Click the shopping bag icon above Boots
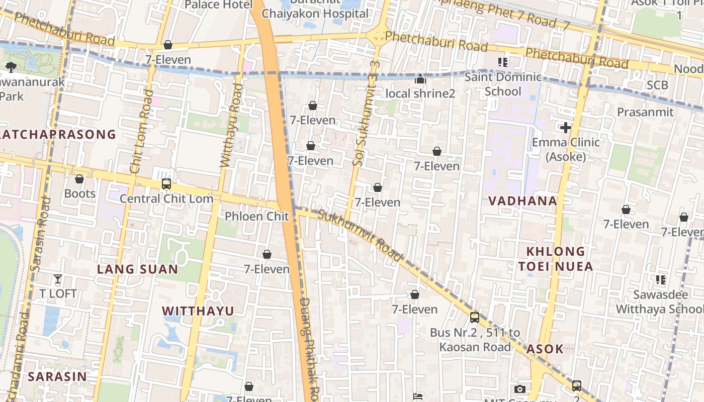[x=79, y=179]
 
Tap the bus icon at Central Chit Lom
[x=166, y=184]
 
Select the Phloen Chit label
[x=256, y=216]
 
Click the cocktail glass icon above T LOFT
[x=58, y=279]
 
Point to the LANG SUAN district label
[x=137, y=269]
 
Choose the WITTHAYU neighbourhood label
[x=198, y=311]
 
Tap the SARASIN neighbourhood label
[x=57, y=376]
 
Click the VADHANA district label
[x=522, y=201]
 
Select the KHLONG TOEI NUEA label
[x=556, y=259]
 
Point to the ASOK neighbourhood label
[x=545, y=349]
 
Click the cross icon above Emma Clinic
[x=566, y=128]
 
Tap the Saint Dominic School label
[x=503, y=84]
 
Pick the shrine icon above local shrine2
[x=420, y=79]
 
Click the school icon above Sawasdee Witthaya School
[x=660, y=279]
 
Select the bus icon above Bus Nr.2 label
[x=474, y=318]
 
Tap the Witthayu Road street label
[x=231, y=126]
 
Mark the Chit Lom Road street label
[x=141, y=132]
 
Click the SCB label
[x=657, y=85]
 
